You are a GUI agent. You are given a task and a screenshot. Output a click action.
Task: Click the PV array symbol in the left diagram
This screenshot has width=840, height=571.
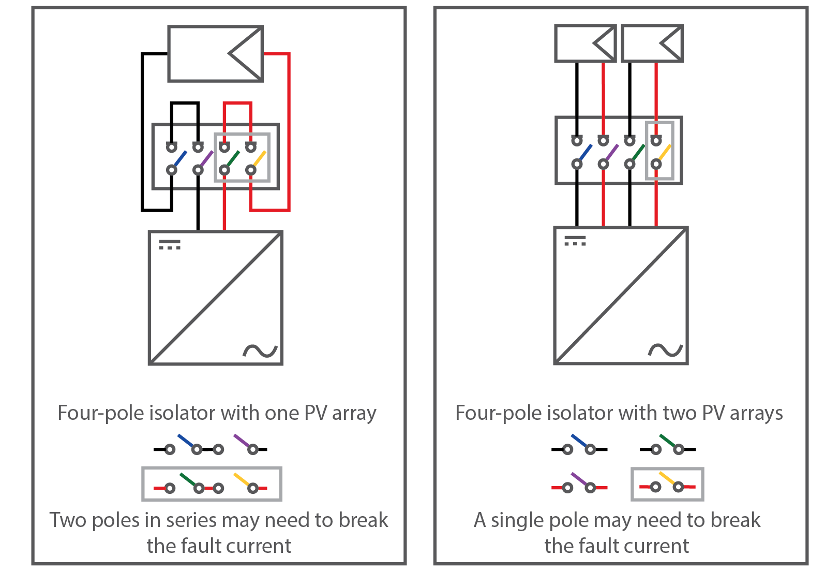point(215,54)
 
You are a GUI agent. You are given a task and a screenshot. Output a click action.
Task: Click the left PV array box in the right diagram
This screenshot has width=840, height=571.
point(585,43)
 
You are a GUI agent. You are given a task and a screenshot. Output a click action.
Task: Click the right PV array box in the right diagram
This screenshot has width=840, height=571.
point(652,43)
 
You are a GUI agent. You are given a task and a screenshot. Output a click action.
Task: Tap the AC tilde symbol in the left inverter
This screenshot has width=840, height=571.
point(260,352)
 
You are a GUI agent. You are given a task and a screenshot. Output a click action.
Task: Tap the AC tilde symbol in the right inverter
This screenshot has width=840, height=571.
point(666,350)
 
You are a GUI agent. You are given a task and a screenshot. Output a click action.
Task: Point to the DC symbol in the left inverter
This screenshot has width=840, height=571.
point(170,244)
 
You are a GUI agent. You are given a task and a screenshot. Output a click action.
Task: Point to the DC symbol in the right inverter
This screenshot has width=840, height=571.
point(575,241)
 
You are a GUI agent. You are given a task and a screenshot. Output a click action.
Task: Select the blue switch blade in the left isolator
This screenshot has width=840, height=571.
point(180,158)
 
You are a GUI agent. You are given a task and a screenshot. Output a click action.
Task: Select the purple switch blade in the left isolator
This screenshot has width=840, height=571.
point(206,158)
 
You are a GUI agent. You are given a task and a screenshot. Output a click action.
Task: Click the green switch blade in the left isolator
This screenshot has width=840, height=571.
point(233,158)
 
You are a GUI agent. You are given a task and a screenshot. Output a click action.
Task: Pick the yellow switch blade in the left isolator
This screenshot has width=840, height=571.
point(259,158)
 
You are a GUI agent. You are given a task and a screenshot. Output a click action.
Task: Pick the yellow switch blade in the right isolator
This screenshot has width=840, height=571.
point(665,152)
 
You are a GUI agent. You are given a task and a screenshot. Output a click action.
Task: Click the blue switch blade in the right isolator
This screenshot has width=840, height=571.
point(586,152)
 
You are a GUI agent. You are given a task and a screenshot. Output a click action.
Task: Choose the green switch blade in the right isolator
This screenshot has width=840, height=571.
point(638,152)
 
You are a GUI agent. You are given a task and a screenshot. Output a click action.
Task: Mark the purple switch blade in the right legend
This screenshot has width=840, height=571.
point(580,480)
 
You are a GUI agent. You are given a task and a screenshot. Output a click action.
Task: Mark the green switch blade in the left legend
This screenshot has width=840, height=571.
point(188,480)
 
